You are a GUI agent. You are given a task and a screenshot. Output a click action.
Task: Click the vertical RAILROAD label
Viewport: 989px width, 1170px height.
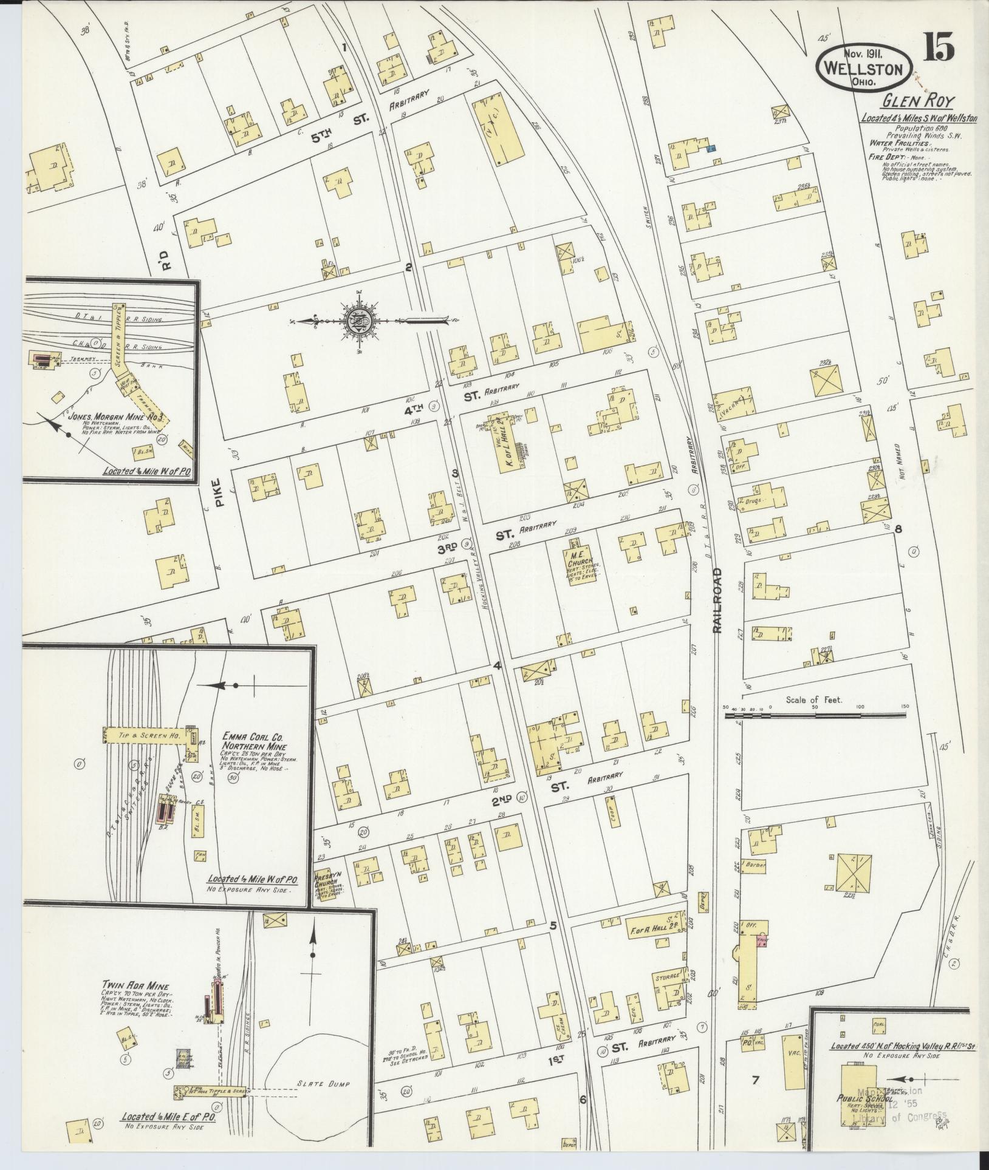point(717,601)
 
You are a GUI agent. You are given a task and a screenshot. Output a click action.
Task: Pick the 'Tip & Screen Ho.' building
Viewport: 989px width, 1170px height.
point(142,735)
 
